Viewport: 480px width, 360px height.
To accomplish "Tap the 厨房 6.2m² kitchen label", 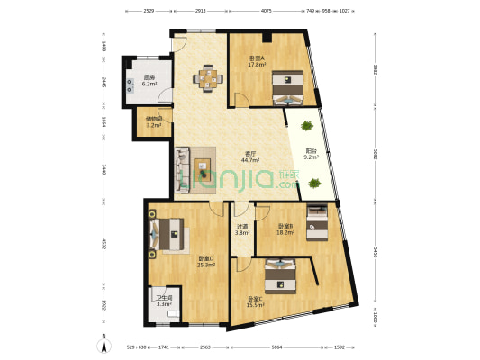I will pos(149,80).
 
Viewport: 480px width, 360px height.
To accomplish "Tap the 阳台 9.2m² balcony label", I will pos(310,154).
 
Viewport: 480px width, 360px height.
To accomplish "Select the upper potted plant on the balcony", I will pos(308,126).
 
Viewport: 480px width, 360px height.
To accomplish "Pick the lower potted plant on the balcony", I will pos(314,183).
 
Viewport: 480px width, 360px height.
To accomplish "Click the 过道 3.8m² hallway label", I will pos(241,230).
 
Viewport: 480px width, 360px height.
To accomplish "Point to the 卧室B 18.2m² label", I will pos(285,229).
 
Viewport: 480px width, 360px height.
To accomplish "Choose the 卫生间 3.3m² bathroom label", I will pos(164,302).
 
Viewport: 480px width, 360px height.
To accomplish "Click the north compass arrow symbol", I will pos(104,342).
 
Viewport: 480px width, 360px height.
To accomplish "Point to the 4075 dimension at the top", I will pos(266,11).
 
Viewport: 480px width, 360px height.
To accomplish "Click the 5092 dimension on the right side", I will pos(375,154).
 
